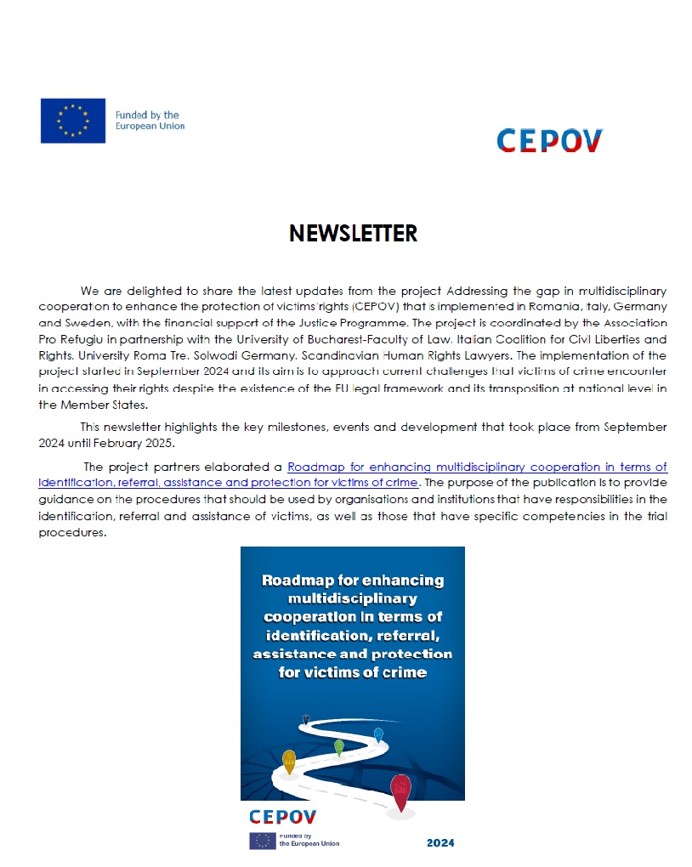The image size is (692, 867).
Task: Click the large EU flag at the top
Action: pyautogui.click(x=73, y=120)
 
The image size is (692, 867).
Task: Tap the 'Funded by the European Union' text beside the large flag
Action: pyautogui.click(x=150, y=121)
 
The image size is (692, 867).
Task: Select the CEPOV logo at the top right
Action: pyautogui.click(x=549, y=140)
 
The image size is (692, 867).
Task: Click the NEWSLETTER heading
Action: pyautogui.click(x=353, y=233)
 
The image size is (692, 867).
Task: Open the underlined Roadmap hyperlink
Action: pyautogui.click(x=477, y=467)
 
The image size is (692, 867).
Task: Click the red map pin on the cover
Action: pyautogui.click(x=400, y=790)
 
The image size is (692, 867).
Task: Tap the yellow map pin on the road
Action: pyautogui.click(x=289, y=761)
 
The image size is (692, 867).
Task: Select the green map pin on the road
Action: pyautogui.click(x=339, y=747)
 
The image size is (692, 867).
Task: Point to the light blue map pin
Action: pyautogui.click(x=378, y=734)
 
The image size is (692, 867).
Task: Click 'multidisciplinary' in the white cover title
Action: pyautogui.click(x=352, y=599)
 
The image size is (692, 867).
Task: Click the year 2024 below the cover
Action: pyautogui.click(x=440, y=842)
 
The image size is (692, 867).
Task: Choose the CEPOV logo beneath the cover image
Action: pyautogui.click(x=282, y=817)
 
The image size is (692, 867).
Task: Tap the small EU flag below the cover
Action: pyautogui.click(x=262, y=841)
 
